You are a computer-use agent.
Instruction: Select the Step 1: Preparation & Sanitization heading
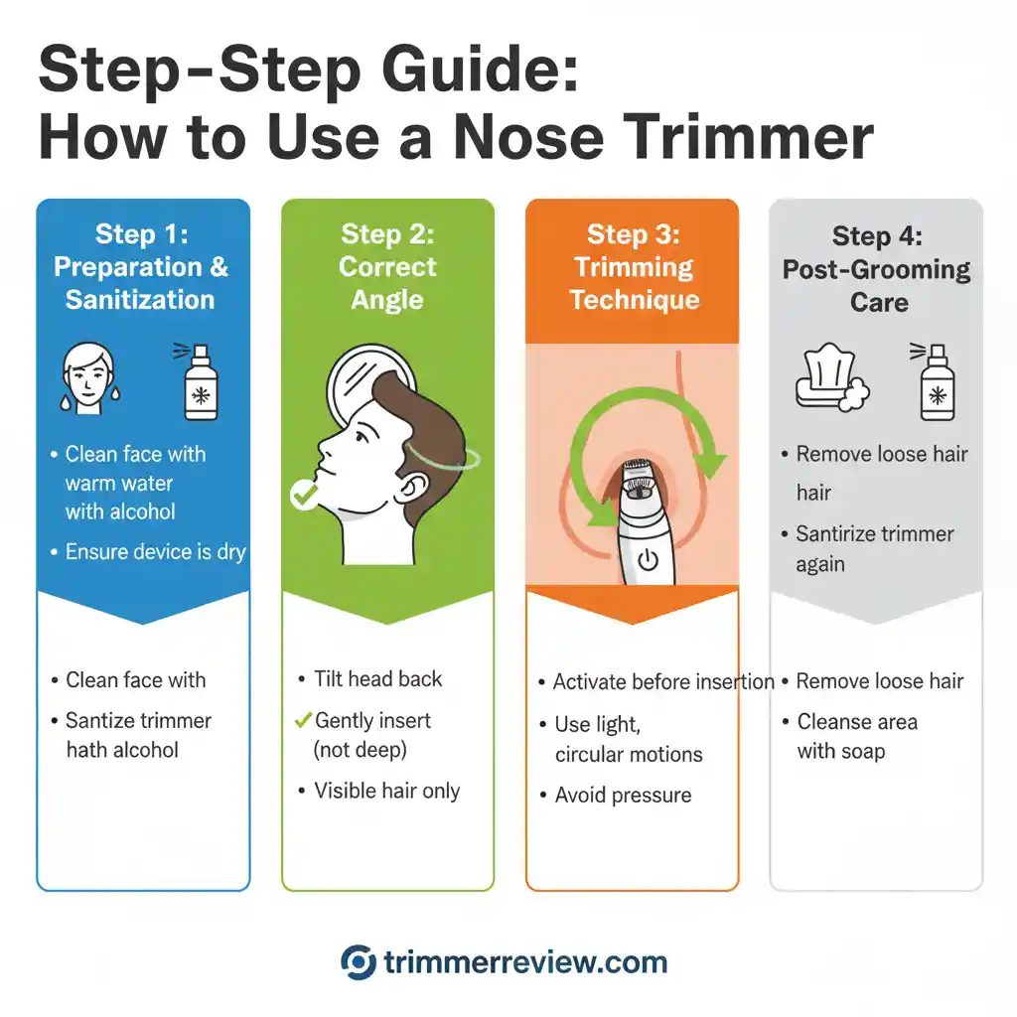(x=141, y=267)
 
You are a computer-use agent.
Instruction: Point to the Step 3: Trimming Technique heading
(x=633, y=267)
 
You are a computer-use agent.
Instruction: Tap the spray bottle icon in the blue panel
(x=200, y=382)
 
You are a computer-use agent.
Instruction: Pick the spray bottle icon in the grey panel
(x=935, y=382)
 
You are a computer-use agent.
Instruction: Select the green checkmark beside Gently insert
(x=304, y=720)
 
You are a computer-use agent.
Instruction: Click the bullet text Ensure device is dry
(x=155, y=552)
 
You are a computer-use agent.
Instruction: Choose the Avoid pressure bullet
(x=623, y=796)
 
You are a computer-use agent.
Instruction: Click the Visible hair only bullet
(x=386, y=791)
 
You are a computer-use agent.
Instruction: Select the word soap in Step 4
(x=860, y=751)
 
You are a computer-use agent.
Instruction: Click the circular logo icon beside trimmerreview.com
(x=358, y=962)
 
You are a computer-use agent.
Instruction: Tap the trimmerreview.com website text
(x=525, y=962)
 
